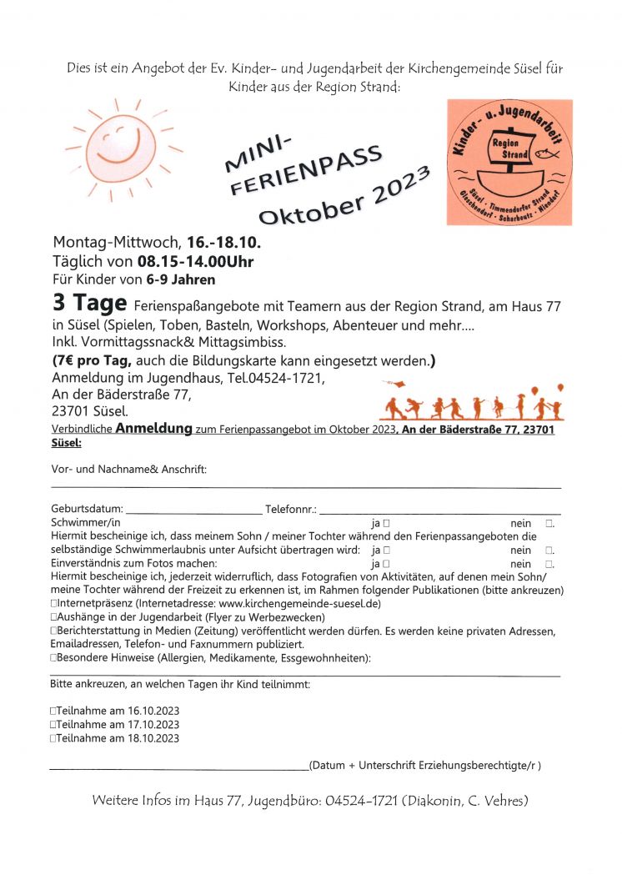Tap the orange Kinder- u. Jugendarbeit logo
click(509, 162)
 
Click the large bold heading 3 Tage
click(90, 304)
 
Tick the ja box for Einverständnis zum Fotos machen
click(387, 565)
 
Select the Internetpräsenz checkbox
click(53, 603)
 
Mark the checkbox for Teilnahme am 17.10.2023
click(53, 725)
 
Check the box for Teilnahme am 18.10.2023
click(53, 738)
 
